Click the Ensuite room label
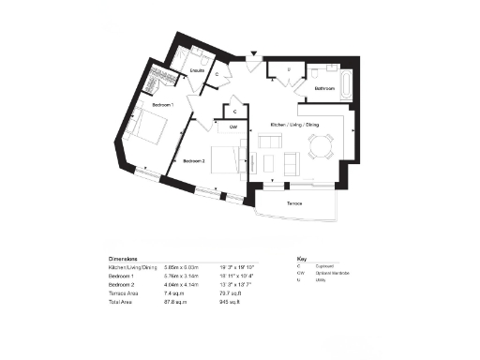tap(198, 70)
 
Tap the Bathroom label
tap(325, 87)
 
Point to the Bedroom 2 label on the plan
tap(194, 161)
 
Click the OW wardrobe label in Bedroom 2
tap(233, 127)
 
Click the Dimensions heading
tap(123, 258)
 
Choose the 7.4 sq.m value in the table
tap(173, 294)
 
